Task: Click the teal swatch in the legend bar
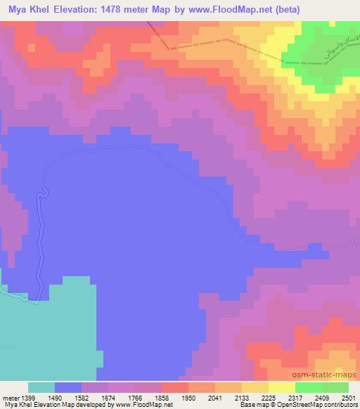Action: [41, 387]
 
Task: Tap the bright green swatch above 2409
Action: [308, 387]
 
